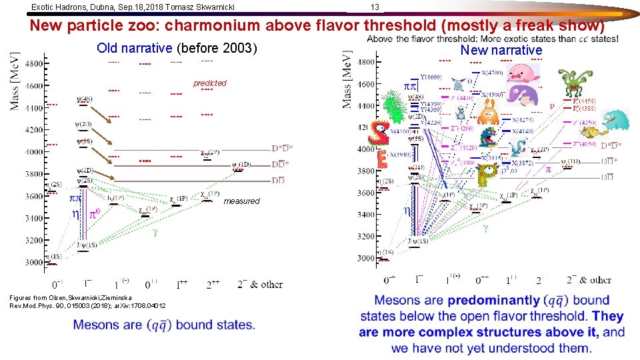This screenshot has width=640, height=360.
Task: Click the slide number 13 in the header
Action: coord(375,7)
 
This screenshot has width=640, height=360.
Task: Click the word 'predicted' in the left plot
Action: coord(210,83)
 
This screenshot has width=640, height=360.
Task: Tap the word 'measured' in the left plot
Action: coord(241,201)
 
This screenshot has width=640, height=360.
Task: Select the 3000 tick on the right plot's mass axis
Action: coord(365,259)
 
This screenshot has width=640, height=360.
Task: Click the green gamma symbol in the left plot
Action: coord(155,233)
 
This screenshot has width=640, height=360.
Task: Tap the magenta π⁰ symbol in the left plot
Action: coord(95,215)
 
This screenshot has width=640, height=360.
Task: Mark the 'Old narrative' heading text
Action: coord(135,48)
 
